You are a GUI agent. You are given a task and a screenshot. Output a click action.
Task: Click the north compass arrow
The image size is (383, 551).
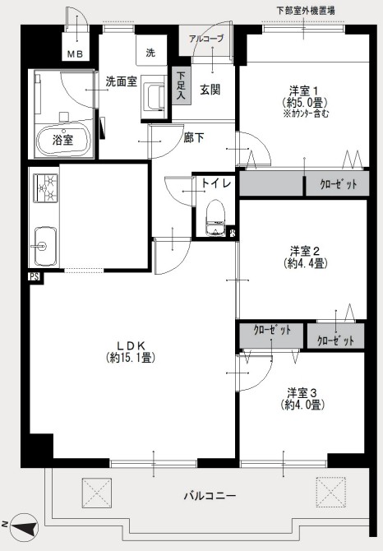(x=24, y=527)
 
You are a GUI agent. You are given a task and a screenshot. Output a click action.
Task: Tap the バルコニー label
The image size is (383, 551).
(x=210, y=496)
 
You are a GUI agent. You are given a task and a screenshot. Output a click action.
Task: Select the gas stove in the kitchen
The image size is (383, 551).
(x=46, y=188)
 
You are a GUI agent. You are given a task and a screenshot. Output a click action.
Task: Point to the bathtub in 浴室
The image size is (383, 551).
(x=62, y=141)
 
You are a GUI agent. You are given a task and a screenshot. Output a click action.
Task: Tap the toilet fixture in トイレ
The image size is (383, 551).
(x=215, y=218)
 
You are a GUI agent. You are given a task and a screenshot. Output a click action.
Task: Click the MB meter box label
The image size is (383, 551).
(x=75, y=54)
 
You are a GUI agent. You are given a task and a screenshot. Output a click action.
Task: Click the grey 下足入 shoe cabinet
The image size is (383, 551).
(x=181, y=86)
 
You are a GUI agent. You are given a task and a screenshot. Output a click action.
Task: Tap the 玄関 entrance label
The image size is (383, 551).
(x=210, y=90)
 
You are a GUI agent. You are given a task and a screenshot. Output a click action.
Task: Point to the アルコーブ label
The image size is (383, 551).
(x=206, y=39)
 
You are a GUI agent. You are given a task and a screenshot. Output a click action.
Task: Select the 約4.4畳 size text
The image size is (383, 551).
(x=306, y=262)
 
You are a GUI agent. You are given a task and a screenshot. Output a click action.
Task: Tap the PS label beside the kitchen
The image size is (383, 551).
(x=35, y=277)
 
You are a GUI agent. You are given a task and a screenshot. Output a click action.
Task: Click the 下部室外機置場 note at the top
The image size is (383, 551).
(x=306, y=10)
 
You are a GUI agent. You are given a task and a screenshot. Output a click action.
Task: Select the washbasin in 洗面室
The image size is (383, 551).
(x=154, y=99)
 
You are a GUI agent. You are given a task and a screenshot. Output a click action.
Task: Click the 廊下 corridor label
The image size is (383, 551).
(x=193, y=138)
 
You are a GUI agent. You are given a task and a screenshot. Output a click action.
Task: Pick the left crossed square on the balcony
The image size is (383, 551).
(x=97, y=493)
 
